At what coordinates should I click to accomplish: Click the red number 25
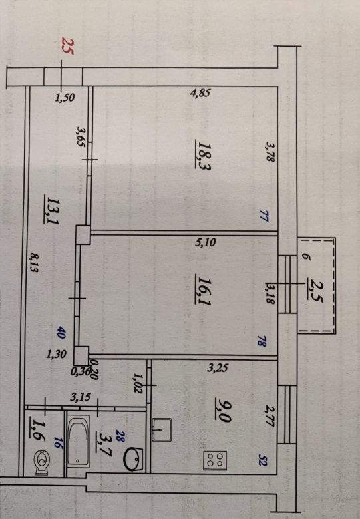68,46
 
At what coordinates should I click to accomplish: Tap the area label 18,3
204,155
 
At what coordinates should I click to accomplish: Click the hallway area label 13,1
53,210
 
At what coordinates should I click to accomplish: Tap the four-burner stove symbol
215,460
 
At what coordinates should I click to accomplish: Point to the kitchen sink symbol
162,430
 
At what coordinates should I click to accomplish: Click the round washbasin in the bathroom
133,459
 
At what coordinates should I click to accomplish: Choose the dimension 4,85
200,93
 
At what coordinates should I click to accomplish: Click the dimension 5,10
206,243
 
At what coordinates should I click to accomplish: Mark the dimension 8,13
35,262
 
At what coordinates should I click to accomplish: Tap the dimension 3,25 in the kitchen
218,368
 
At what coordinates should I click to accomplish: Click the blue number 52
262,462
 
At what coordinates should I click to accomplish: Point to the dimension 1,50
65,98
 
